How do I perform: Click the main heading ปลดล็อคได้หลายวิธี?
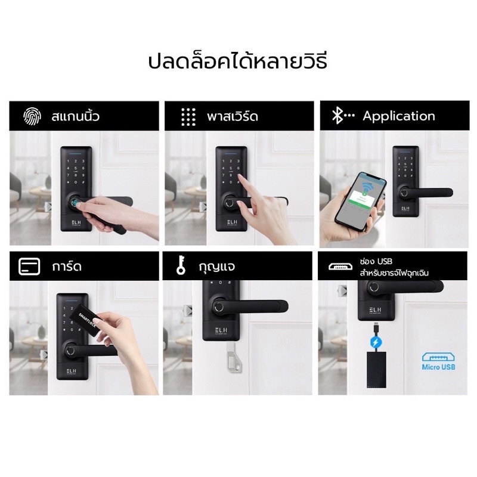(x=238, y=61)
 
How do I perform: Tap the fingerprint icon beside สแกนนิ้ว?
(x=30, y=116)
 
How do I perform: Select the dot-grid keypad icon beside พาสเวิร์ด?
(x=188, y=116)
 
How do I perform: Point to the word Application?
(x=399, y=116)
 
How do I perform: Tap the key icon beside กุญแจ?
(x=180, y=267)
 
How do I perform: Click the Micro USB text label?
(x=438, y=367)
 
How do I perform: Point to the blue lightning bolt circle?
(x=376, y=343)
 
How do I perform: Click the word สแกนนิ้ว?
(x=76, y=116)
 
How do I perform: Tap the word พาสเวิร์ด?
(x=234, y=116)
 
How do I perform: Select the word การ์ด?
(x=66, y=267)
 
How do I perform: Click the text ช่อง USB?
(x=376, y=262)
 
